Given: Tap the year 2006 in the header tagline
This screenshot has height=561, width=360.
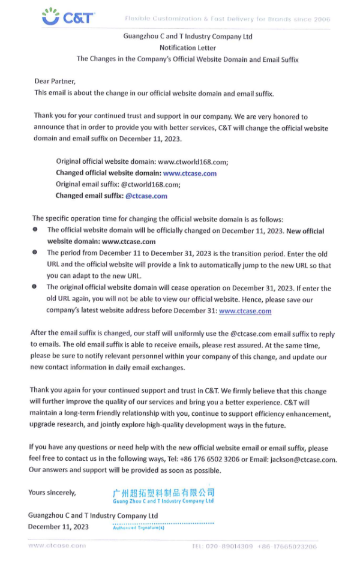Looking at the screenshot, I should point(321,19).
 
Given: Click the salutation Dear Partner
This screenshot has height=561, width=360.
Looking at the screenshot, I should point(55,81).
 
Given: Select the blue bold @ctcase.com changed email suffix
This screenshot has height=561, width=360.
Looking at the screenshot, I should point(145,196).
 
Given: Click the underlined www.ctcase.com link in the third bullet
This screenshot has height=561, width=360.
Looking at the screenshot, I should point(245,311).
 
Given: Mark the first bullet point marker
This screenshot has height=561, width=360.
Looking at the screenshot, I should point(35,230).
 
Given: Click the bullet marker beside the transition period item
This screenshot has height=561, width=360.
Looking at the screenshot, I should point(35,253).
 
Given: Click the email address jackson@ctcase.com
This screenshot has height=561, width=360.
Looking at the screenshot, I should point(302,460).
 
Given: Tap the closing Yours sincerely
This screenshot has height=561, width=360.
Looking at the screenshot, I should point(52,493).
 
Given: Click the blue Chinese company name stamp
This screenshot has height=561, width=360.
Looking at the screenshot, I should point(163,493).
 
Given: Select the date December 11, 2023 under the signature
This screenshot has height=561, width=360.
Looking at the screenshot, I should point(58,527).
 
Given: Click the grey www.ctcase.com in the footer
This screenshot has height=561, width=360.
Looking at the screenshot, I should point(57,545).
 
